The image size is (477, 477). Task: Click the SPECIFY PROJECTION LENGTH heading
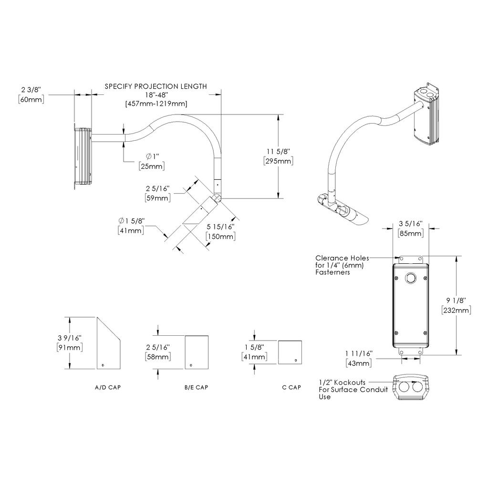coord(156,86)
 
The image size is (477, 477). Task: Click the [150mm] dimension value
coord(220,236)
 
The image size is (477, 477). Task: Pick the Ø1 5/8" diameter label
coord(131,221)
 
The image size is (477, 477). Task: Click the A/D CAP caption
coord(108,387)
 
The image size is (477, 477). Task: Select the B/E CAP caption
coord(196,387)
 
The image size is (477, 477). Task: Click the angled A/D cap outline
coord(107,346)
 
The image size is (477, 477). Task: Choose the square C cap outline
coord(290,352)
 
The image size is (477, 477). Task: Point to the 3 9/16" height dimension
coord(69,337)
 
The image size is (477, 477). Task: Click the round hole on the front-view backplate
coord(410,278)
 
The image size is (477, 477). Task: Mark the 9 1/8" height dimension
coord(456,300)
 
